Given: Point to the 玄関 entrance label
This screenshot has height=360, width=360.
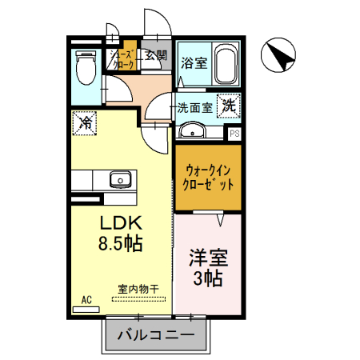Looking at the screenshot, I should [156, 55].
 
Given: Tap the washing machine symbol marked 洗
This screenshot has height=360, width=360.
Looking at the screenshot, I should [229, 104].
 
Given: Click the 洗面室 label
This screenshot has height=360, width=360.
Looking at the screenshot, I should [194, 106].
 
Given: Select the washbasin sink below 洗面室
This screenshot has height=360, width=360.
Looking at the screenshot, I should [191, 131].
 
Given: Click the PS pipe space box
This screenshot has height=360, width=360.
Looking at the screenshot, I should [234, 134].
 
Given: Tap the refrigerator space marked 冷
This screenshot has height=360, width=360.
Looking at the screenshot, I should [83, 122].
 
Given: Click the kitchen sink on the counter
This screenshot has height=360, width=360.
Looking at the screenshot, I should [118, 179].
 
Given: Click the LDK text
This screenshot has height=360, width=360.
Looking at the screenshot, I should [120, 222].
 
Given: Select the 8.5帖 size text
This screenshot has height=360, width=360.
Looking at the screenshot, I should [120, 242].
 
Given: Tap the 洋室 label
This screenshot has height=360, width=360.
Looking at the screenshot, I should [208, 258].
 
